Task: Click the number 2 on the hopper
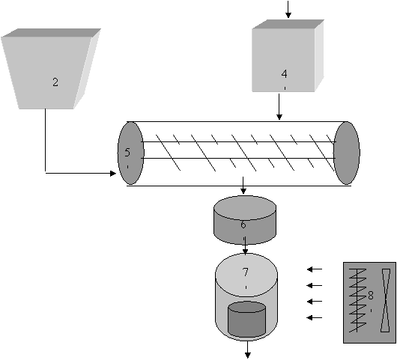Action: coord(55,82)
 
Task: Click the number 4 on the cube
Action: coord(285,74)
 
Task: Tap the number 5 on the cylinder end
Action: coord(127,153)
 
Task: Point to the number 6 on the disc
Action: coord(243,225)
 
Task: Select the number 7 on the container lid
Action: coord(246,272)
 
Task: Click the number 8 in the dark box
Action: coord(371,295)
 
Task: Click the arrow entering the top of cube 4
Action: coord(288,9)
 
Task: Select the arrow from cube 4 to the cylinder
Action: coord(279,106)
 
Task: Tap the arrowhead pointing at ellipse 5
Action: coord(113,174)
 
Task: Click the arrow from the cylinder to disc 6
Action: coord(243,186)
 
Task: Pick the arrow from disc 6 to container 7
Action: coord(245,245)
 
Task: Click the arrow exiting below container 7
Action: coord(248,350)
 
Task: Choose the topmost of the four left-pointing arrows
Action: coord(315,269)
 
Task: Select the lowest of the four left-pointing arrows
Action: coord(315,317)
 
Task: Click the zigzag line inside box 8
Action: coord(357,300)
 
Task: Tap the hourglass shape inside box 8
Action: coord(386,300)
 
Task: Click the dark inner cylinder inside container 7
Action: coord(247,320)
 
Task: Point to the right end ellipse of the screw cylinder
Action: coord(346,153)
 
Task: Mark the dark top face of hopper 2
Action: coord(52,33)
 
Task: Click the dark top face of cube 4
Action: coord(288,24)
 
